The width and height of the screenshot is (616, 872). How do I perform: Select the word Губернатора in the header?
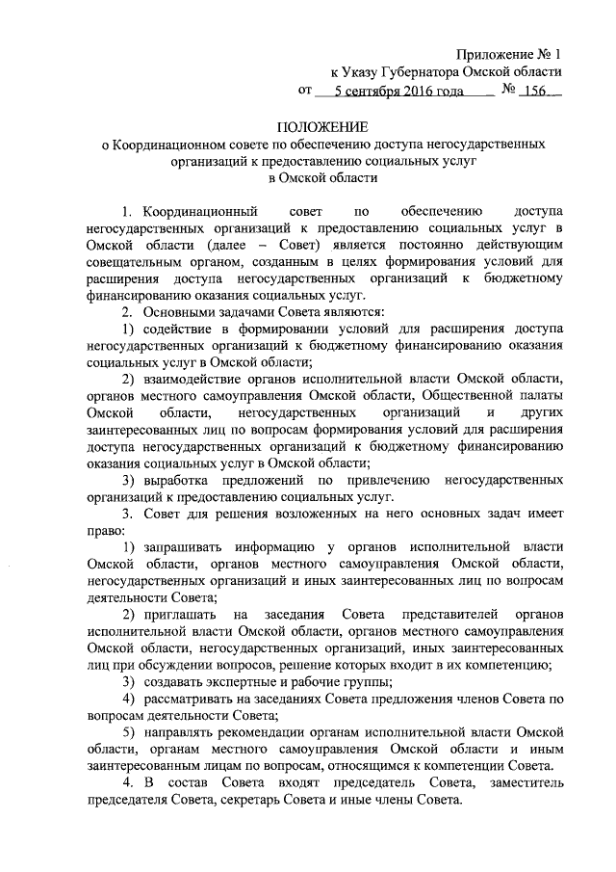(x=434, y=73)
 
